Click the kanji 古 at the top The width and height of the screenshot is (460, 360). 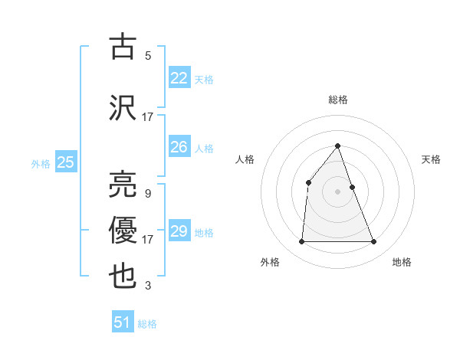(x=123, y=47)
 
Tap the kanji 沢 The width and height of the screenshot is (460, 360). (x=123, y=106)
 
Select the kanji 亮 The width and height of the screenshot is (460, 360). (x=123, y=183)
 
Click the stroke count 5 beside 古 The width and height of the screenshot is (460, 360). (x=148, y=56)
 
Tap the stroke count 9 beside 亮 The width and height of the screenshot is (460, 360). (x=148, y=193)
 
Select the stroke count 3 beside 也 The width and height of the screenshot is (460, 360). (x=148, y=286)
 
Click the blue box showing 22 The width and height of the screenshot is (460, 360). (x=179, y=78)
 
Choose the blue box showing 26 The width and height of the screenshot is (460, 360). (x=179, y=147)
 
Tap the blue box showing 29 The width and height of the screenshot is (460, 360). (x=179, y=231)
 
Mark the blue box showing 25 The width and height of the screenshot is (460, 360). (x=65, y=162)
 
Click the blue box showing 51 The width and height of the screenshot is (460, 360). (x=122, y=322)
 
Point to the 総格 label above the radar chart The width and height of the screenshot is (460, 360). (x=337, y=100)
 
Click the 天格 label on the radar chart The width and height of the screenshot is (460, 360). (x=432, y=159)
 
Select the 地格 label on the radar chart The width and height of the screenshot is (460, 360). (x=402, y=262)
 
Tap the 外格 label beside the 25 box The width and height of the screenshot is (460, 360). (x=41, y=163)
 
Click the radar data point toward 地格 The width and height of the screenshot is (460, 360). (x=373, y=242)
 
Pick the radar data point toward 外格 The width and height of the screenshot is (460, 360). (x=301, y=242)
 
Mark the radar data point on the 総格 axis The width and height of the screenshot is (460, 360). (x=337, y=146)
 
